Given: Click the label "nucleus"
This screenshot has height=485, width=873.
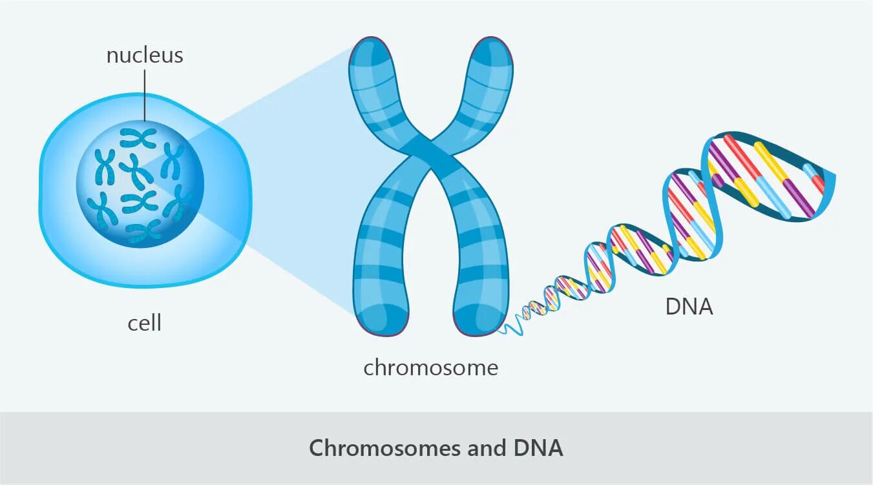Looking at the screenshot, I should tap(145, 56).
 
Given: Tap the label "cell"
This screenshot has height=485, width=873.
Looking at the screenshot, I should tap(144, 322).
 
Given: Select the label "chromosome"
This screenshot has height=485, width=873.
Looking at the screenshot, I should tap(430, 367).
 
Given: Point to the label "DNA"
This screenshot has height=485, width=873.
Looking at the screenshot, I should tap(689, 306).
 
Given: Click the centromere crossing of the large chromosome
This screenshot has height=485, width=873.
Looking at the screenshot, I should tap(430, 150).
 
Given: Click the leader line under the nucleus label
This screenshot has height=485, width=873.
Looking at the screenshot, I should tap(145, 97).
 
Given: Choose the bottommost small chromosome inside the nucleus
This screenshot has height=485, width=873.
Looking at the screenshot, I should tap(143, 232).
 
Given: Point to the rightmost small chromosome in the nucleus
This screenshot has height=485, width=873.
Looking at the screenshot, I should tap(179, 203).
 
